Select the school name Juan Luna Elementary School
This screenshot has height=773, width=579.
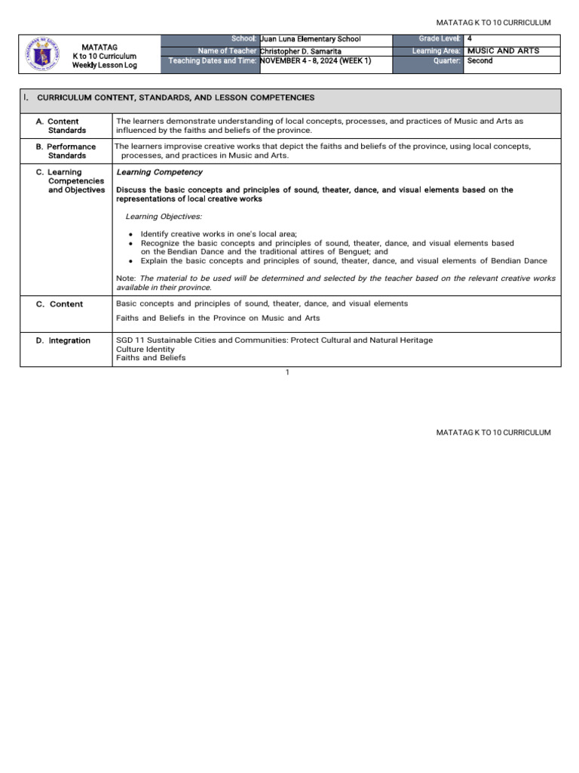[x=310, y=39]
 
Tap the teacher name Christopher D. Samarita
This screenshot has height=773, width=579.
[x=300, y=51]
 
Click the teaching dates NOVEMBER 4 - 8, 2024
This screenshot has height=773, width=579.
[x=315, y=60]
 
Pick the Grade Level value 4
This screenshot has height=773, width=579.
[x=470, y=38]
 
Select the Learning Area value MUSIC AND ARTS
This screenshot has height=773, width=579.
[x=503, y=51]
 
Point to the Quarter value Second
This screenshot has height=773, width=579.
[x=479, y=60]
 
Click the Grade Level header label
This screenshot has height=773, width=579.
[x=440, y=38]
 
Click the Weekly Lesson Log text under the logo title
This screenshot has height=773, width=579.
[x=105, y=66]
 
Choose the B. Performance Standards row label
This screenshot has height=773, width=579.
[x=66, y=151]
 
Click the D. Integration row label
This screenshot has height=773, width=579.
[x=63, y=340]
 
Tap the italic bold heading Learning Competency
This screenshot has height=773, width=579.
[x=159, y=172]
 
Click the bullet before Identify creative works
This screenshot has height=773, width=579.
[x=131, y=235]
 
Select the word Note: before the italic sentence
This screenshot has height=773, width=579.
[x=126, y=279]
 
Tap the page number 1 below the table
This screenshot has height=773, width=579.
[x=287, y=372]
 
